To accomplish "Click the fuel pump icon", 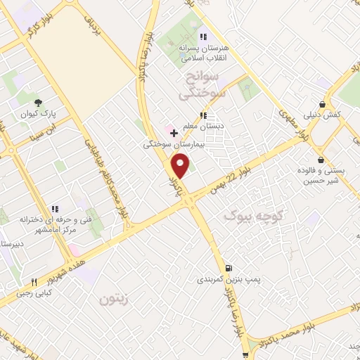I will pos(229,268).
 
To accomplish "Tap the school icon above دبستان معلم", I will pos(203,116).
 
